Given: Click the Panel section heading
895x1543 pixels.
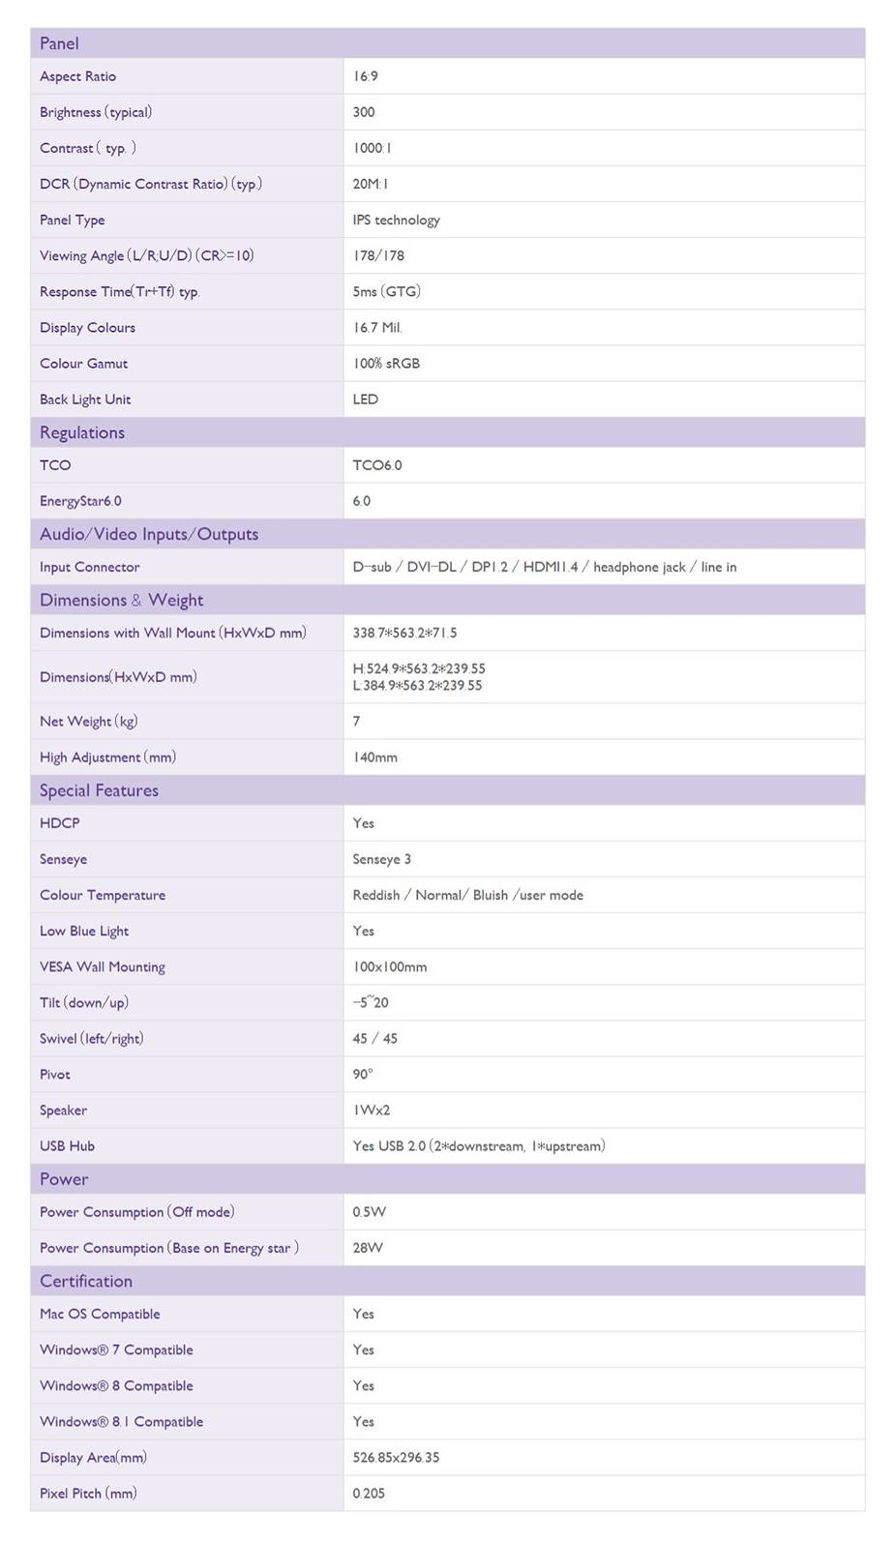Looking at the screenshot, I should click(x=60, y=44).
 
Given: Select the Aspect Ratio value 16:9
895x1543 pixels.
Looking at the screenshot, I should click(x=366, y=76).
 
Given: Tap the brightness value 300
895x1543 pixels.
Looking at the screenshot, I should click(x=364, y=112).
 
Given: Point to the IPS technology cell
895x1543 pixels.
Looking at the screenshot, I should click(x=397, y=220).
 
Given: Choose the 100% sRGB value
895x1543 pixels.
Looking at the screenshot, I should click(x=386, y=364).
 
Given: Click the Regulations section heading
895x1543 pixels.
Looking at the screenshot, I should click(x=82, y=432).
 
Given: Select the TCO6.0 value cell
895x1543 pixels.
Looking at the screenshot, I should click(x=377, y=465).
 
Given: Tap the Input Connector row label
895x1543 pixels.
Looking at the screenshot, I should click(x=90, y=567).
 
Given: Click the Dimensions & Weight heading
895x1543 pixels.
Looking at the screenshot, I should click(x=122, y=600).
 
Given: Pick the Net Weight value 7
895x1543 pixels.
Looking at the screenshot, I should click(x=357, y=721).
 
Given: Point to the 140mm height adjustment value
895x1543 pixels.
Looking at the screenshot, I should click(x=375, y=757).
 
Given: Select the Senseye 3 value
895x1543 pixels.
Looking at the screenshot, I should click(x=382, y=859).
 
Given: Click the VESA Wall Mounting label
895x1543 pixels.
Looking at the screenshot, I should click(x=103, y=966).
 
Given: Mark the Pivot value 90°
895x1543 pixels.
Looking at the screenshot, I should click(x=363, y=1074).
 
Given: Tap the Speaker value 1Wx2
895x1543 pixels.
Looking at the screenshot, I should click(x=372, y=1110).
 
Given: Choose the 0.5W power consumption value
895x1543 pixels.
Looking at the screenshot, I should click(x=370, y=1212).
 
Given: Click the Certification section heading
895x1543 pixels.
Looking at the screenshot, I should click(x=86, y=1281).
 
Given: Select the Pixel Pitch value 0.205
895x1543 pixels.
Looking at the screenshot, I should click(x=369, y=1493).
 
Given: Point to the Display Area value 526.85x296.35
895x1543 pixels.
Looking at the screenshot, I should click(x=396, y=1457).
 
